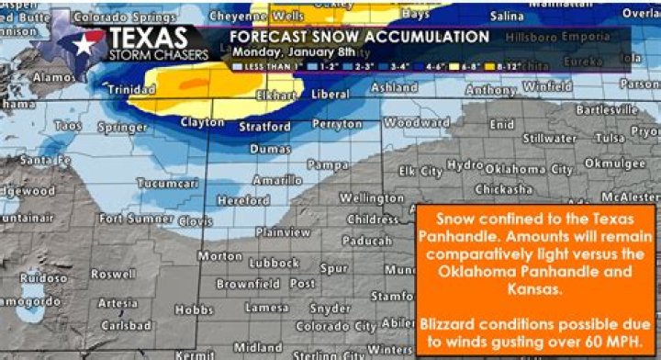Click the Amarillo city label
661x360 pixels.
(x=278, y=181)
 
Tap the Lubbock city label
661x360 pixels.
(x=274, y=264)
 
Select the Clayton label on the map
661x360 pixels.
(x=202, y=122)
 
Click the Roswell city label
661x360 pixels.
(x=113, y=274)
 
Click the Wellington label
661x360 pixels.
(x=372, y=198)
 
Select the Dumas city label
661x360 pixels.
(x=270, y=148)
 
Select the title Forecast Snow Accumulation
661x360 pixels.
(x=358, y=37)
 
